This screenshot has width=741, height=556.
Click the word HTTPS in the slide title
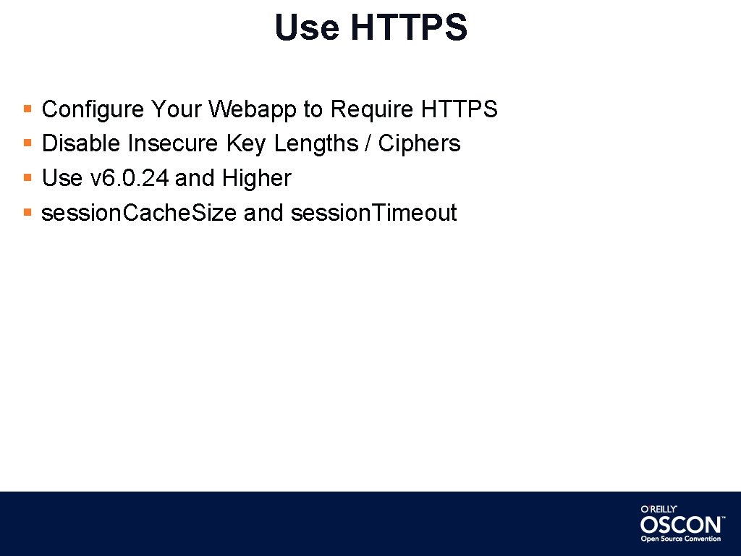tap(409, 28)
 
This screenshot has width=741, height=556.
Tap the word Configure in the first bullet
tap(93, 109)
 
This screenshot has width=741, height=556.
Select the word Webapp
tap(253, 109)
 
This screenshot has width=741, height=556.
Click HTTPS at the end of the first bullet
tap(459, 109)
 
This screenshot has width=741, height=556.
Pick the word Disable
tap(81, 143)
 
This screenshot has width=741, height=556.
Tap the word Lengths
tap(316, 143)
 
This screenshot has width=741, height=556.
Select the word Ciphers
tap(419, 143)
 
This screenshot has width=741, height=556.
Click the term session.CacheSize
tap(139, 213)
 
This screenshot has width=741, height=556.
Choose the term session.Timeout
tap(373, 213)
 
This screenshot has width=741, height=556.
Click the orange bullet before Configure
tap(27, 109)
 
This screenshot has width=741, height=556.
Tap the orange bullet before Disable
tap(27, 143)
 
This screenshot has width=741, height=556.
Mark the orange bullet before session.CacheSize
tap(27, 213)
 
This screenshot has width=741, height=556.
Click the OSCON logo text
tap(680, 524)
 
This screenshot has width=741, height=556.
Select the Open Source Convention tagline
tap(680, 539)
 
